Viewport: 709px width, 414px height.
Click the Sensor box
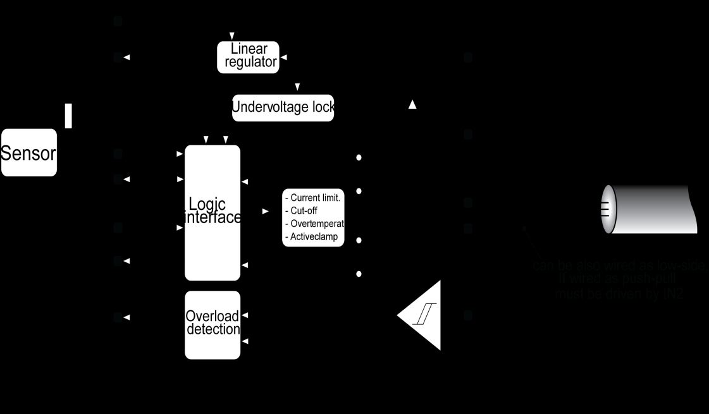(x=29, y=153)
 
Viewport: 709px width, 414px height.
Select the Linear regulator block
(x=249, y=56)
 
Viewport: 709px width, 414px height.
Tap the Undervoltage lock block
(x=283, y=107)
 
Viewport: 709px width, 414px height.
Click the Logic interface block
(x=213, y=212)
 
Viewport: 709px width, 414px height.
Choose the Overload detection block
(x=213, y=324)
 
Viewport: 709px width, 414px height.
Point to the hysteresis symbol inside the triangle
(x=421, y=315)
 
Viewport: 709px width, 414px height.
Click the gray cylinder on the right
(x=651, y=209)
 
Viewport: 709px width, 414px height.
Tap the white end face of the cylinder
(x=608, y=209)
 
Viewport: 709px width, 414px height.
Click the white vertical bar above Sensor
(x=68, y=116)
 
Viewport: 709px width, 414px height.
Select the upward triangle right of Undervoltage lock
(x=412, y=105)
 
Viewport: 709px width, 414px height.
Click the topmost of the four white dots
(x=359, y=157)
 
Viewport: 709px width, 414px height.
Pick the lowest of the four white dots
(x=359, y=274)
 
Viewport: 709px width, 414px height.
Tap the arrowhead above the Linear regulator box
(x=232, y=35)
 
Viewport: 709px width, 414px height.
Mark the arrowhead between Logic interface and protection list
(x=265, y=211)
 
